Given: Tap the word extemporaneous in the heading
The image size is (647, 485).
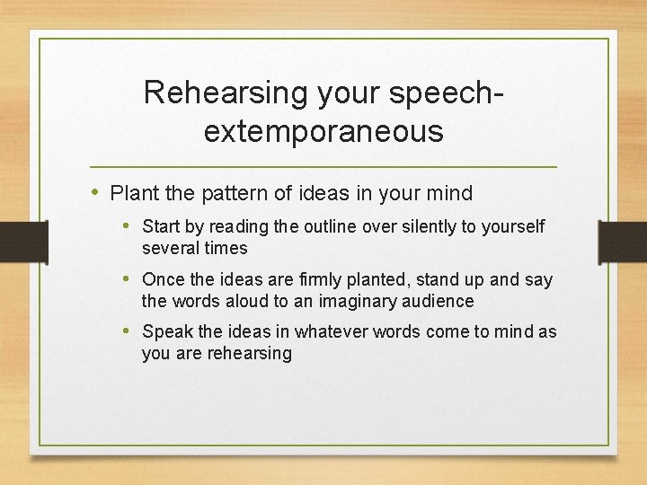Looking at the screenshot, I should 323,131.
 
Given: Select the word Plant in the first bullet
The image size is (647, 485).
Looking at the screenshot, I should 132,193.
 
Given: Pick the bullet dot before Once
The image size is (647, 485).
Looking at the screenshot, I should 129,280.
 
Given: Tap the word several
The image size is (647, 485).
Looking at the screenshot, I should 170,248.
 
